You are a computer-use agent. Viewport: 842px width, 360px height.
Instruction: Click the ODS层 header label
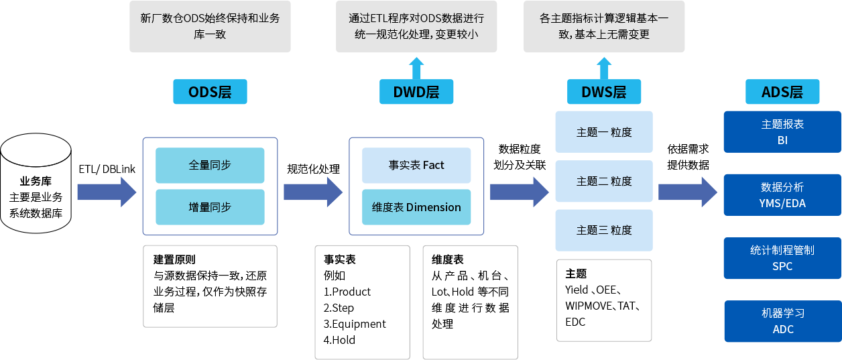(210, 92)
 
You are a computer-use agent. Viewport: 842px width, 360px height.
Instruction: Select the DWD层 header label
(416, 92)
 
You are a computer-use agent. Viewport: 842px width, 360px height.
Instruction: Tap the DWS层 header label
(604, 92)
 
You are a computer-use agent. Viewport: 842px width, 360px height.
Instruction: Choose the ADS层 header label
(782, 92)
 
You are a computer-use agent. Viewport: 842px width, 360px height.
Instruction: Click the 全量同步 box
(210, 165)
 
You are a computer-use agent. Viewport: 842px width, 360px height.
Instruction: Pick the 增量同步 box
(210, 207)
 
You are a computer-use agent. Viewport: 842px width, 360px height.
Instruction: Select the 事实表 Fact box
(416, 165)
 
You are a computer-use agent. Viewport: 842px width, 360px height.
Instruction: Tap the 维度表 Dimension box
(416, 207)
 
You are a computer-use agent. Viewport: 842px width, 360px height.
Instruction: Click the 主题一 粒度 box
(604, 132)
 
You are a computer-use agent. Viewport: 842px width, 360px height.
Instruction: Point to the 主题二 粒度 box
(604, 181)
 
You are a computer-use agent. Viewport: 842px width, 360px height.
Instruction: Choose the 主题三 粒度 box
(604, 230)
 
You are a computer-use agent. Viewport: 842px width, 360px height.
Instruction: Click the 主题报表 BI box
(782, 132)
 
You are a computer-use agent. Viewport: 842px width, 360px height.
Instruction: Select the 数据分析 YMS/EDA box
(782, 194)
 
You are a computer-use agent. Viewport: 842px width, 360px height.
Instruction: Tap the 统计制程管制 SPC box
(782, 257)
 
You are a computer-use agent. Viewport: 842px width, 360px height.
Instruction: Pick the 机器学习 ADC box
(782, 321)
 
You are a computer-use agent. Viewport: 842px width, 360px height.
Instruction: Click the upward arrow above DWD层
(416, 68)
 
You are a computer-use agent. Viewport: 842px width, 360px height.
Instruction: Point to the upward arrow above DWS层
(604, 68)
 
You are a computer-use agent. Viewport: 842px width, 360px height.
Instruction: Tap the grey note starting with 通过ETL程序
(416, 27)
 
